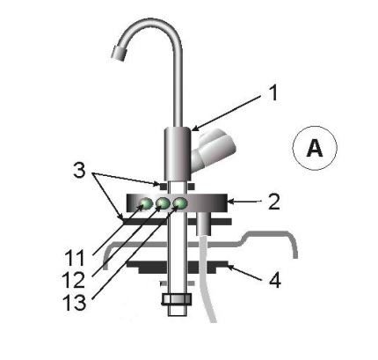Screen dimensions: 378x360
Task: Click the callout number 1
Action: click(x=273, y=93)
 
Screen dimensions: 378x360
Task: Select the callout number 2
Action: click(x=274, y=202)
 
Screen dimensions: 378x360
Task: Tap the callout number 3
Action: click(x=79, y=171)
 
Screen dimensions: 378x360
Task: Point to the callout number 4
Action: click(x=275, y=280)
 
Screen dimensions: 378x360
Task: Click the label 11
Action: click(x=75, y=258)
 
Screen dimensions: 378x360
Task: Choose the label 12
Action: click(x=75, y=280)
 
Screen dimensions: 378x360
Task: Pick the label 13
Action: click(x=75, y=302)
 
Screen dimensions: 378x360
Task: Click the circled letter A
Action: click(x=315, y=148)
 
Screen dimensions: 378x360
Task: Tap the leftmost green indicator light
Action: click(x=146, y=203)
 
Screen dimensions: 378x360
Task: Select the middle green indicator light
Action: click(x=163, y=203)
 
